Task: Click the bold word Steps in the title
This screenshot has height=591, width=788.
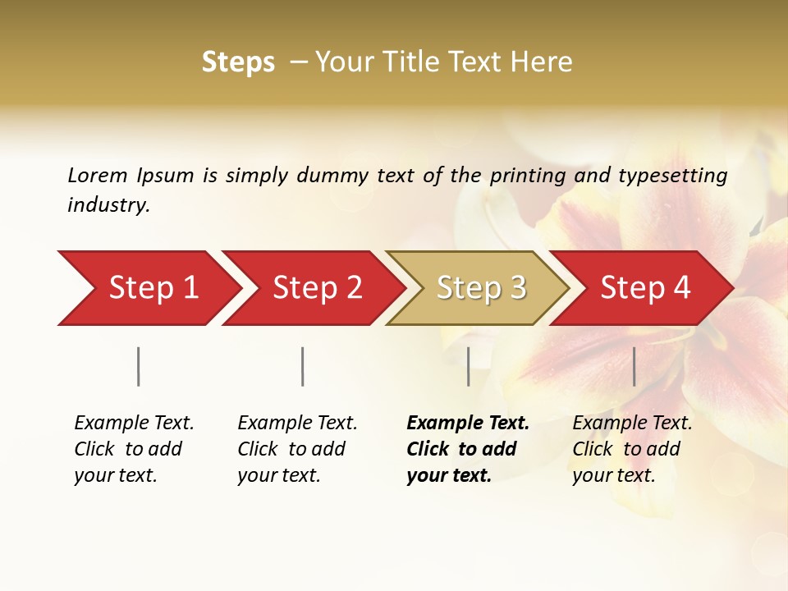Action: pyautogui.click(x=238, y=62)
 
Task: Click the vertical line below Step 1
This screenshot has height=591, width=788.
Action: pyautogui.click(x=139, y=366)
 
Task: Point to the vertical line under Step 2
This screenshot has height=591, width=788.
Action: pyautogui.click(x=303, y=366)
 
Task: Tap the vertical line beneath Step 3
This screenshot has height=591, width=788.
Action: pyautogui.click(x=469, y=366)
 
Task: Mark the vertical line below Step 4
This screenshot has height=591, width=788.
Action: pyautogui.click(x=635, y=366)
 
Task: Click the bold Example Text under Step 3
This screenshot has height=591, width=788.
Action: pyautogui.click(x=468, y=424)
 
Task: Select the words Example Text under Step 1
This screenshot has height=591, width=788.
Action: pyautogui.click(x=134, y=424)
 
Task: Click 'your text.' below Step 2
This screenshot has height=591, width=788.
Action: pyautogui.click(x=278, y=476)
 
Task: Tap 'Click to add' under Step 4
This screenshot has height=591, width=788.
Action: pyautogui.click(x=626, y=450)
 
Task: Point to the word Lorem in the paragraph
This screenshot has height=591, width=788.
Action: pyautogui.click(x=98, y=176)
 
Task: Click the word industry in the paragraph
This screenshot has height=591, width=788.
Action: pyautogui.click(x=108, y=205)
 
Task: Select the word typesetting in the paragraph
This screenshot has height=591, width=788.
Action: pyautogui.click(x=672, y=176)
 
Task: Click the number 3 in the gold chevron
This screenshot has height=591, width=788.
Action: pyautogui.click(x=517, y=287)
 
